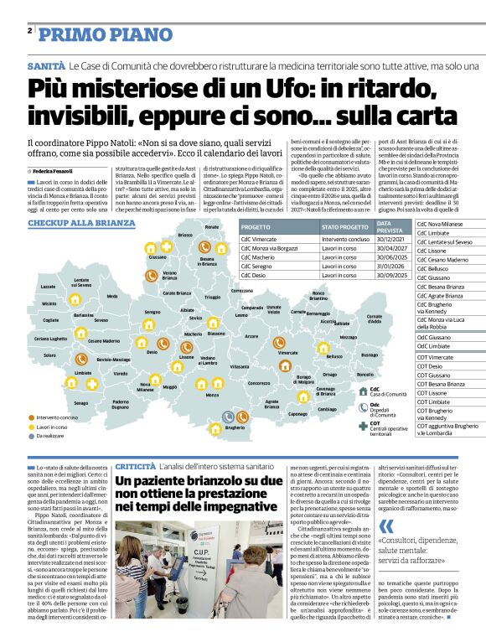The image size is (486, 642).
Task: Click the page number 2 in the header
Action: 29,31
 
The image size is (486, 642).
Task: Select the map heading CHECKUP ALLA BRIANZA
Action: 81,224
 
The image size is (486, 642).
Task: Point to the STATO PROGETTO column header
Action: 322,227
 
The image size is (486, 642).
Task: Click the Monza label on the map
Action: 212,396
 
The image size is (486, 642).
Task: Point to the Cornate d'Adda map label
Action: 374,318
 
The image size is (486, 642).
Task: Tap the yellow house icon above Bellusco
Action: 323,347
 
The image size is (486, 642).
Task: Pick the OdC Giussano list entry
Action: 433,337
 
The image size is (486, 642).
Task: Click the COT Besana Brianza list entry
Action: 441,384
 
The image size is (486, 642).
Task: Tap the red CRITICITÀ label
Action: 134,465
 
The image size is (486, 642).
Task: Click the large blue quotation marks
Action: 386,526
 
